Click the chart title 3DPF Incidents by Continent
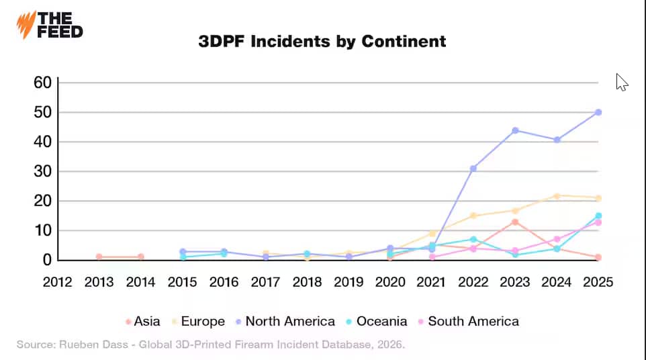(322, 41)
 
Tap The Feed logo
(50, 25)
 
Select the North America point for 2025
(598, 112)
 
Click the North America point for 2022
(473, 169)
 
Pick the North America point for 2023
(515, 130)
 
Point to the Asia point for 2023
(515, 222)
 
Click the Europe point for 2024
(557, 195)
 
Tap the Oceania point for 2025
(598, 216)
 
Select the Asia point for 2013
(99, 257)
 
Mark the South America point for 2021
(432, 257)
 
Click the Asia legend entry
(143, 321)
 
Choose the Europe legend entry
(199, 321)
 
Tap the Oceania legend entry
(378, 321)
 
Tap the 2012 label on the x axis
(58, 282)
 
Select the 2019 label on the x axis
(349, 282)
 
